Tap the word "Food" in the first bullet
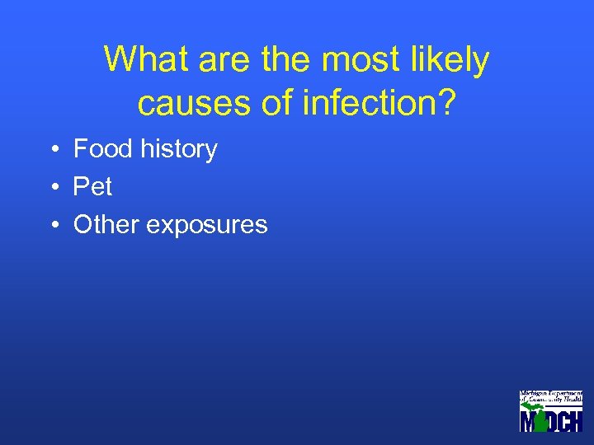103,149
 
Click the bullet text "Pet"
92,187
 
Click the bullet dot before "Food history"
52,150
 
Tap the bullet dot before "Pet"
52,188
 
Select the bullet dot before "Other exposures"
52,226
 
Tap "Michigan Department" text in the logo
550,395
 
